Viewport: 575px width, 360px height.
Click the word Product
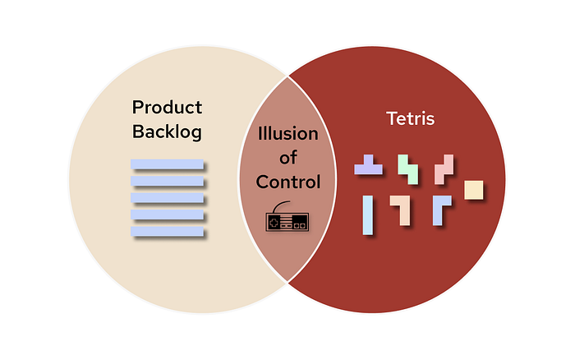(x=167, y=107)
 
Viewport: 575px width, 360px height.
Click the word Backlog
(x=167, y=132)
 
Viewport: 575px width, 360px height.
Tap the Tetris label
(x=411, y=118)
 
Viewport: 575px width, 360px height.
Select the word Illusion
(x=287, y=133)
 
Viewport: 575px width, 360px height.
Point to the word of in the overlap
(x=288, y=158)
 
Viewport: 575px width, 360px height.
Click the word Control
(x=288, y=182)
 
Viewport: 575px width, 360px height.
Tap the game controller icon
(x=287, y=216)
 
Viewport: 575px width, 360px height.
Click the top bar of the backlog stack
(x=167, y=164)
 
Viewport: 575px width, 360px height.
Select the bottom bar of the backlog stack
(x=167, y=231)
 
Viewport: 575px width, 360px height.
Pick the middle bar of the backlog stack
(x=167, y=198)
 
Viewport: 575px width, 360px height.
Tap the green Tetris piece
(x=407, y=169)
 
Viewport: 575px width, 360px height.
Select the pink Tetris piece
(x=444, y=169)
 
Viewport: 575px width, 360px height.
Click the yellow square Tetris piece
(x=473, y=190)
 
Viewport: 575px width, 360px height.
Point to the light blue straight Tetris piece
(x=368, y=215)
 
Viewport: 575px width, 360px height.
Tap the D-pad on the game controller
(x=274, y=223)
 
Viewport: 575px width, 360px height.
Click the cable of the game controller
(x=279, y=205)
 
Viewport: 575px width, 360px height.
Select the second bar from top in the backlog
(x=167, y=181)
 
